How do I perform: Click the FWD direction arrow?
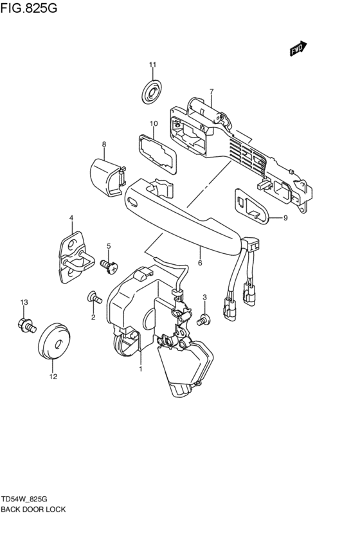pos(298,48)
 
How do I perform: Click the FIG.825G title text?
pos(28,8)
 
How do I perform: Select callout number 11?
pos(152,64)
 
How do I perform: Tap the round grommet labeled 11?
pos(152,91)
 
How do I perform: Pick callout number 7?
pos(212,91)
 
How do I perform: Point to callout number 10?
pos(154,123)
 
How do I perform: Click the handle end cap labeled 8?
pos(107,177)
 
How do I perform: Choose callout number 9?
pos(285,219)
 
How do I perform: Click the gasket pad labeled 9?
pos(251,206)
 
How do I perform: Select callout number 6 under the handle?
pos(200,263)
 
